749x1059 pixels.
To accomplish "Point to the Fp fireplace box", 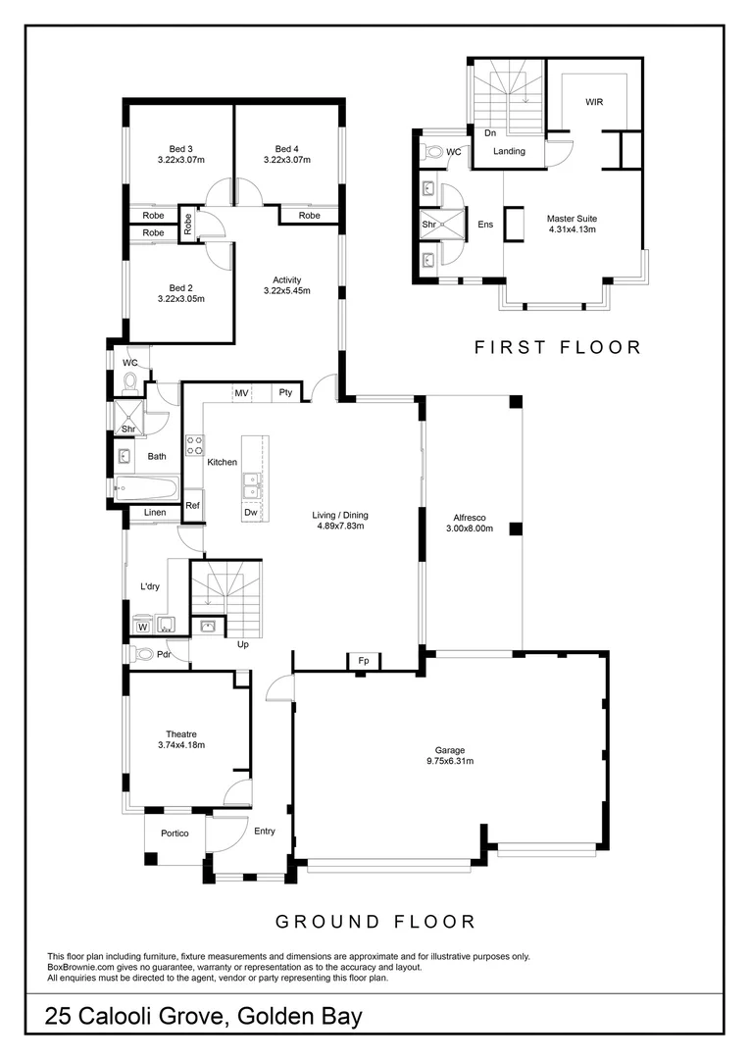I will [x=363, y=662].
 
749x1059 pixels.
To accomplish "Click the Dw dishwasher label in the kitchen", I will [x=250, y=512].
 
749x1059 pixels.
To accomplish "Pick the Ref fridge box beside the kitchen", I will [x=193, y=506].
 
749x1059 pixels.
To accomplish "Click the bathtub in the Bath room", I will [x=145, y=487].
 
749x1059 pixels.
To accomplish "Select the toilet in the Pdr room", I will [x=142, y=654].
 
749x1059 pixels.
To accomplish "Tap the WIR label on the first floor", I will [x=594, y=102].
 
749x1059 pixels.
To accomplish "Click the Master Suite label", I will [x=572, y=219].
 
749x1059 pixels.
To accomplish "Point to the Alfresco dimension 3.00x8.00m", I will [x=471, y=529].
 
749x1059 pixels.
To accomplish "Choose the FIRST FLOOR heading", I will [x=558, y=347].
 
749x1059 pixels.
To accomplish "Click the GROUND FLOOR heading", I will [x=374, y=922].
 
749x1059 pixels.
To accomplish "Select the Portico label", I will [x=170, y=833].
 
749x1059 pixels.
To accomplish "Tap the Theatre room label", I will [x=180, y=733].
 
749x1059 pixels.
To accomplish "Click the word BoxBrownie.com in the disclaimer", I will [x=76, y=967].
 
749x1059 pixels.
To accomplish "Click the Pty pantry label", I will [x=285, y=393].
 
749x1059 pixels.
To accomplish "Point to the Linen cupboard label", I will [x=155, y=513].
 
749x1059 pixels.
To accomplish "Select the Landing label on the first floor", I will [x=509, y=151].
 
